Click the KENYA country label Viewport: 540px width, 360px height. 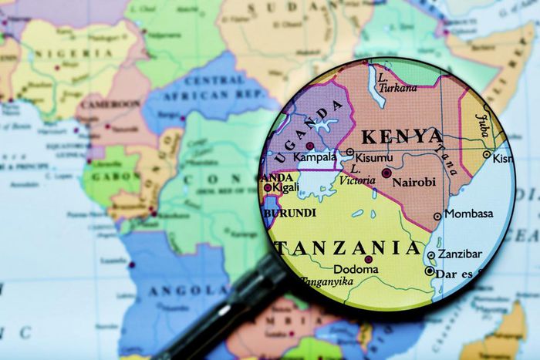click(x=402, y=136)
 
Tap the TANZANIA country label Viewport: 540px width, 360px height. click(x=349, y=248)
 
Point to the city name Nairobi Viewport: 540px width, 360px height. click(x=414, y=182)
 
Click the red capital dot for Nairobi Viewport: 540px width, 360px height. click(x=386, y=173)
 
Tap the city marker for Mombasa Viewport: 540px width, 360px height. click(x=437, y=217)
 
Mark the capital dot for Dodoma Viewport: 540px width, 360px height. click(x=368, y=260)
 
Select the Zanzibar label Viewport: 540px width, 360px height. click(x=460, y=254)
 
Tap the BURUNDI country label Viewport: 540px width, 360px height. click(x=290, y=212)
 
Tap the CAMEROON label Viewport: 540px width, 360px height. click(x=112, y=103)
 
